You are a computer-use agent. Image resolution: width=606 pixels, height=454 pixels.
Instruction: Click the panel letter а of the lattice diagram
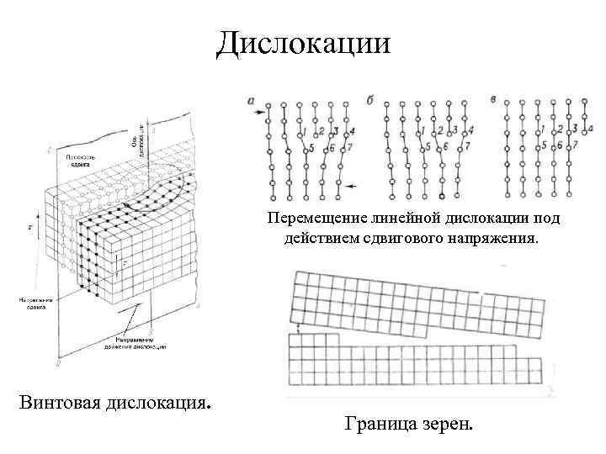pos(252,99)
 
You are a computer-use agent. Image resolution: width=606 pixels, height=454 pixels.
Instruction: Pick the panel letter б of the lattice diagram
pos(370,99)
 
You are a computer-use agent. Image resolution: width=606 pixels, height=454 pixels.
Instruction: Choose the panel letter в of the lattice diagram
pos(492,99)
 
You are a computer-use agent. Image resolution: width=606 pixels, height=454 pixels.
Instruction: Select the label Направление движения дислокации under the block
pos(136,343)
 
